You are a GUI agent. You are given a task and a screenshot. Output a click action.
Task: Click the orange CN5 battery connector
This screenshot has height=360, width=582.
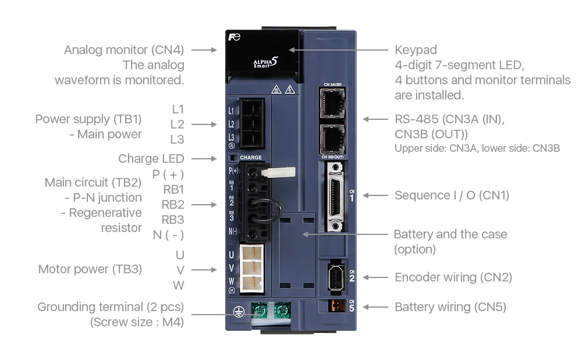(333, 306)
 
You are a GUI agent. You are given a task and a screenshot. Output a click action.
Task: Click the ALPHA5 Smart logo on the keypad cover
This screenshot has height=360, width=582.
(264, 65)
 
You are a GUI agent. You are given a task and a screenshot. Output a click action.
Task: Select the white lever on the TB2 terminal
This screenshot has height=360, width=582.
(278, 172)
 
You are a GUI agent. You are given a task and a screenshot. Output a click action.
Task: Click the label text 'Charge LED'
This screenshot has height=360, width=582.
(151, 159)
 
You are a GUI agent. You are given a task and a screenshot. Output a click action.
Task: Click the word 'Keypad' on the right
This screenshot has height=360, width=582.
(415, 49)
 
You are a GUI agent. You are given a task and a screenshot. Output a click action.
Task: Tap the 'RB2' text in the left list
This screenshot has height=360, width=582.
(172, 205)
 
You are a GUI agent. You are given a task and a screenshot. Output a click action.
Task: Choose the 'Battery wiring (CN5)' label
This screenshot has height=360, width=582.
(450, 307)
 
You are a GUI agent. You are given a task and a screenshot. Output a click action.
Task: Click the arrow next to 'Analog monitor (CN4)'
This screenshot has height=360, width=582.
(203, 50)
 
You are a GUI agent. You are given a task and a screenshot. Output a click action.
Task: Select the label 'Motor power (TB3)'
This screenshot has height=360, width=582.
(90, 269)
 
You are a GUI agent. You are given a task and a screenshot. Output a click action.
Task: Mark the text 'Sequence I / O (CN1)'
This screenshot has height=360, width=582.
(451, 195)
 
